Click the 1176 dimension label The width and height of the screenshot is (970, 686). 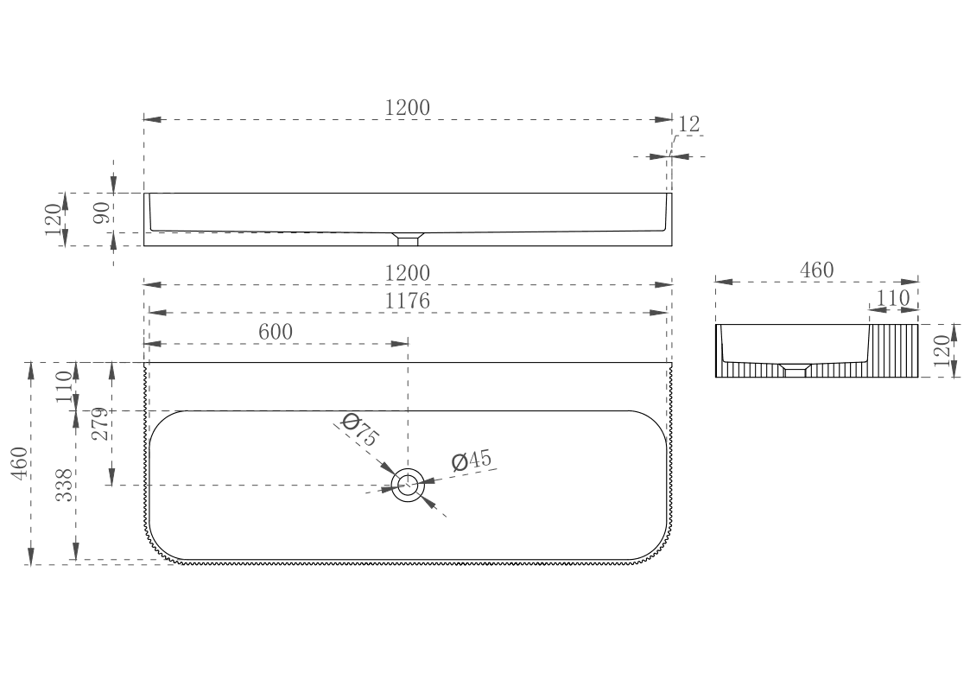pyautogui.click(x=407, y=301)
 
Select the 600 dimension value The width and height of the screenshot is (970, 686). pyautogui.click(x=276, y=332)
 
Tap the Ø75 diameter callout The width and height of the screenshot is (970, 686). pyautogui.click(x=359, y=429)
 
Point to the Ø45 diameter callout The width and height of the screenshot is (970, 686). pyautogui.click(x=472, y=461)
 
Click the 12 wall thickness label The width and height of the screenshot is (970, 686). pyautogui.click(x=688, y=124)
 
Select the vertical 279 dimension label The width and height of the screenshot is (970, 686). pyautogui.click(x=101, y=423)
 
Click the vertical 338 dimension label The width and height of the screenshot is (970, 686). pyautogui.click(x=64, y=485)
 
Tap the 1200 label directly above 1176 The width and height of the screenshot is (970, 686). pyautogui.click(x=407, y=273)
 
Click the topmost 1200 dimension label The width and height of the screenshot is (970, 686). pyautogui.click(x=407, y=108)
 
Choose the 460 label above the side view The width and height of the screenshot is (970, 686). pyautogui.click(x=816, y=270)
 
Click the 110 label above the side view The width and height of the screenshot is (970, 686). pyautogui.click(x=892, y=298)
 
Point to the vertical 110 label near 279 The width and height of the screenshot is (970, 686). pyautogui.click(x=64, y=386)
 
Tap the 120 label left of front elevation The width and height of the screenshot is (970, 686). pyautogui.click(x=54, y=219)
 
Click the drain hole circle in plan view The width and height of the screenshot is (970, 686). pyautogui.click(x=409, y=485)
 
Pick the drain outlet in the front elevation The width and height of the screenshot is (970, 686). pyautogui.click(x=408, y=238)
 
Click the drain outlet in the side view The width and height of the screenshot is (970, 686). pyautogui.click(x=795, y=370)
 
